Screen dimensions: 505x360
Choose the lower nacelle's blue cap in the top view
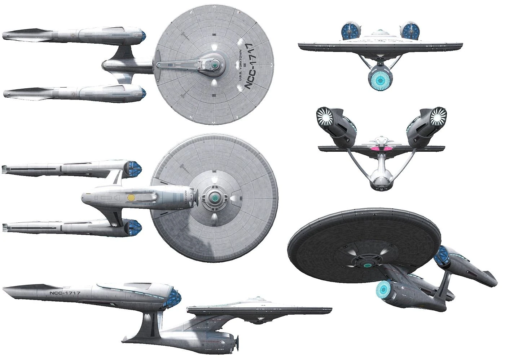(x=143, y=93)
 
